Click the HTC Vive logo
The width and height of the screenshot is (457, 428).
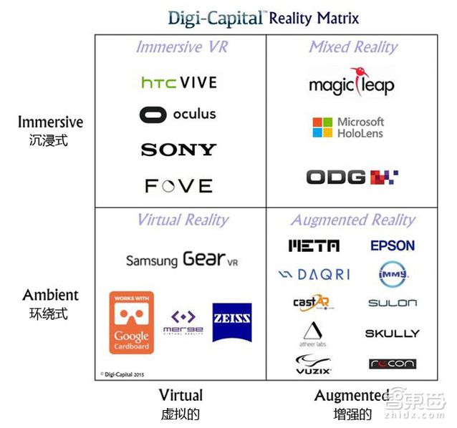(x=178, y=82)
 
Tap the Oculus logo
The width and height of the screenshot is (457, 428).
(x=178, y=115)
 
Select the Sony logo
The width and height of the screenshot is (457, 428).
(x=178, y=150)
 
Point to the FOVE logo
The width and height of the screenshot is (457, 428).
(x=178, y=186)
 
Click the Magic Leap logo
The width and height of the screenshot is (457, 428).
(x=352, y=84)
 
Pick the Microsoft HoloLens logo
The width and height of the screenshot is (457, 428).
(x=349, y=127)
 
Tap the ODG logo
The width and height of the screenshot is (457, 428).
(x=352, y=176)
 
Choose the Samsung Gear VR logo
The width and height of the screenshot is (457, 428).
(x=181, y=259)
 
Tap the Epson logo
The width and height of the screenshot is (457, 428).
(x=393, y=245)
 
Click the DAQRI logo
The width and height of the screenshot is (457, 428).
(x=314, y=274)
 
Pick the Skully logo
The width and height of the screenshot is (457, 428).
(x=392, y=334)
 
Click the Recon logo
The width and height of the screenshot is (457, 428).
(x=392, y=364)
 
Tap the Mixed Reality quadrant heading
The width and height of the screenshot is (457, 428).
(x=352, y=47)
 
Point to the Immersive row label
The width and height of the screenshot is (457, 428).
(x=50, y=122)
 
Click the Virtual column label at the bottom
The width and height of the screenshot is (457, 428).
(x=181, y=395)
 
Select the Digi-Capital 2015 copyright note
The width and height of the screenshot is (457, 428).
(x=123, y=373)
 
